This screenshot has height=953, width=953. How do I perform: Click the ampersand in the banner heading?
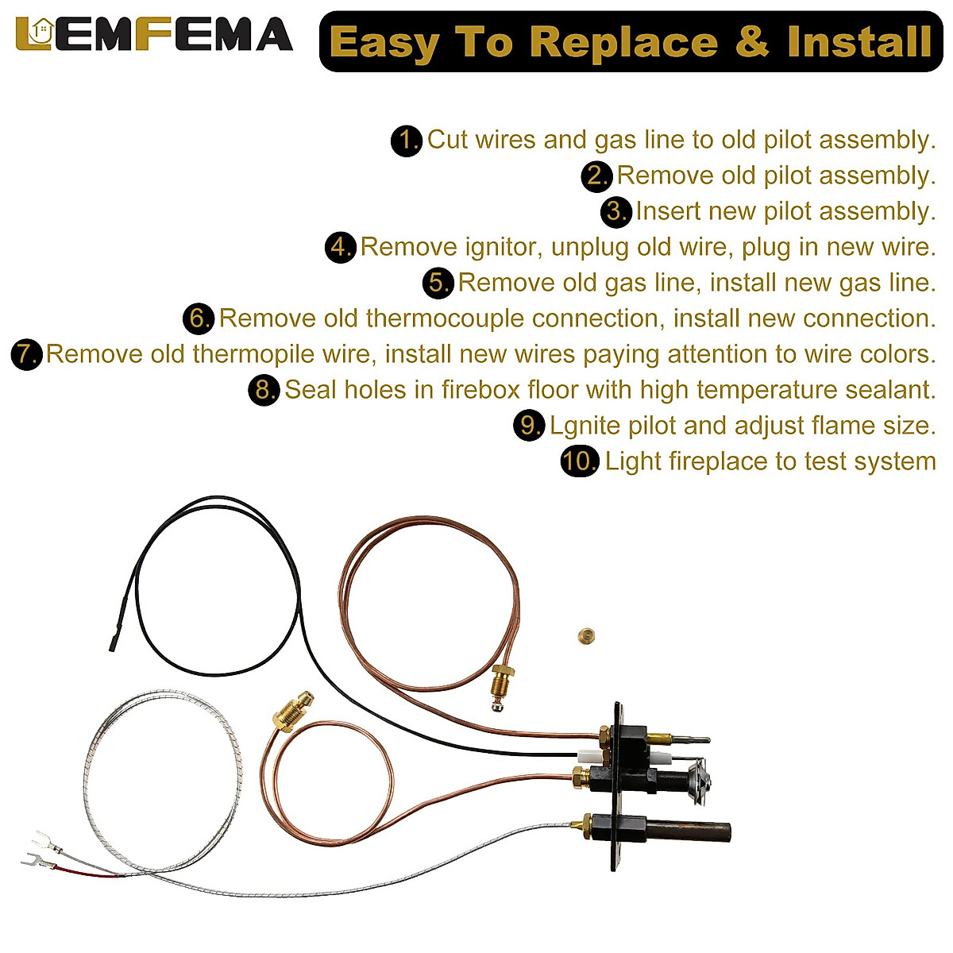[x=751, y=42]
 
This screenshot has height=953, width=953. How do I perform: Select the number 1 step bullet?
[x=407, y=141]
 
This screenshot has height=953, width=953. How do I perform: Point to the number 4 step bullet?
[x=340, y=248]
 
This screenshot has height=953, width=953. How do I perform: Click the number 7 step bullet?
[x=26, y=354]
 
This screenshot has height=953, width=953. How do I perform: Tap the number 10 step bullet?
[x=579, y=461]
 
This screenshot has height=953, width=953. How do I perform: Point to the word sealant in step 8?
[x=889, y=390]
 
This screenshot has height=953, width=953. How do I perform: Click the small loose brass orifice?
[x=586, y=635]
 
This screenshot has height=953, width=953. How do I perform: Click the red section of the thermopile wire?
[x=95, y=873]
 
